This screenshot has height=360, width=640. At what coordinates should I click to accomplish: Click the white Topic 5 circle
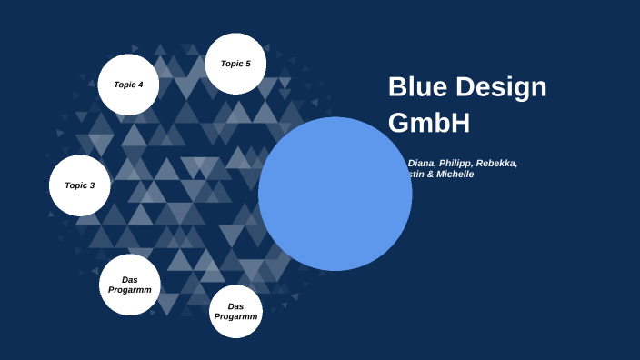tap(235, 64)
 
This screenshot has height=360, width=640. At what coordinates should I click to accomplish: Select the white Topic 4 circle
tap(128, 85)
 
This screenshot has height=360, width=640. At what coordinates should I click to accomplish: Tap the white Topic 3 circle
tap(79, 185)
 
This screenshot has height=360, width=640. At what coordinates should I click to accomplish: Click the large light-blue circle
tap(335, 194)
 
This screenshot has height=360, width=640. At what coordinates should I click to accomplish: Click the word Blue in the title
tap(419, 87)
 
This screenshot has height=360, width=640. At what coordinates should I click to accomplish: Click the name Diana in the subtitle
tap(422, 164)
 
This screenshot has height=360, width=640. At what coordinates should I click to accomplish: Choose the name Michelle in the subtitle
tap(456, 174)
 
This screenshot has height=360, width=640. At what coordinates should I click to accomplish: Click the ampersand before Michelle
tap(432, 174)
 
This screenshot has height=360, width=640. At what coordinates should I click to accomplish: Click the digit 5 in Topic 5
tap(248, 64)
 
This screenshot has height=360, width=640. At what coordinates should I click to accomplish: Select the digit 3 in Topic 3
tap(92, 185)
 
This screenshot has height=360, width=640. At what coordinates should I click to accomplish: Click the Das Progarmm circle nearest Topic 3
tap(130, 285)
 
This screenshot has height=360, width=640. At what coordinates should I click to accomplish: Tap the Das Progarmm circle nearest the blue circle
tap(236, 311)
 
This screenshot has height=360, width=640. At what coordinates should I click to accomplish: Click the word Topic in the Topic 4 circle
tap(124, 85)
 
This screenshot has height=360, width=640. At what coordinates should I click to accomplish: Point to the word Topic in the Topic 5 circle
tap(231, 64)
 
